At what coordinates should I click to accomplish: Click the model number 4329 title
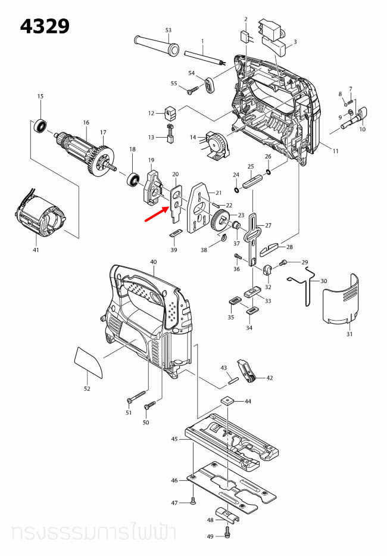pos(45,26)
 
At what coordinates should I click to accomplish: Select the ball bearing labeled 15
pos(40,126)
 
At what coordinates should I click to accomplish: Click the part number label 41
pos(36,250)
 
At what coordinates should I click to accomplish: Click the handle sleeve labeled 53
pos(156,46)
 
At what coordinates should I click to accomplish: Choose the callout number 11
pos(335,151)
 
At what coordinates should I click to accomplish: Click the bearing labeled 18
pos(132,178)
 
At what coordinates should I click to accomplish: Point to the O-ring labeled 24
pos(238,190)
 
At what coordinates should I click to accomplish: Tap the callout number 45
pos(174,439)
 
